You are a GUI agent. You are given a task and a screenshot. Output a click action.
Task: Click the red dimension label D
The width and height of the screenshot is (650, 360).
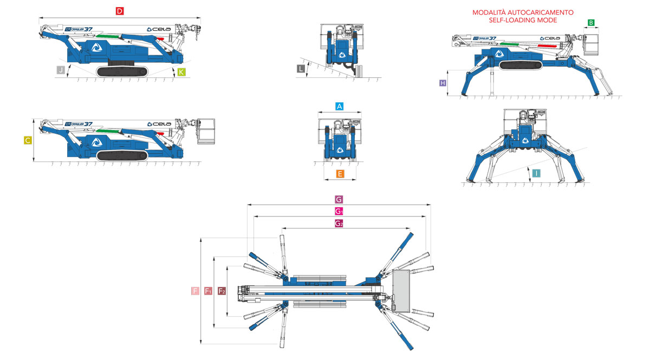click(120, 11)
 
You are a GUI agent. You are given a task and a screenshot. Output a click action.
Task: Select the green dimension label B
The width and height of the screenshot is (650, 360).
click(591, 23)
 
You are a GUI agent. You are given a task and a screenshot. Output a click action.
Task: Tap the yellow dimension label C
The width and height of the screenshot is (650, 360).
click(28, 141)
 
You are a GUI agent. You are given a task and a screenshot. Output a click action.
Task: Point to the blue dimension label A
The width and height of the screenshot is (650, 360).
click(339, 107)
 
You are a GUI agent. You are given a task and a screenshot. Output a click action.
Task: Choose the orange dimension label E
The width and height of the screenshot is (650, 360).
click(340, 174)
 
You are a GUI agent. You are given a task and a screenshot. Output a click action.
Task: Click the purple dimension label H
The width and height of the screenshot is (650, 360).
click(443, 83)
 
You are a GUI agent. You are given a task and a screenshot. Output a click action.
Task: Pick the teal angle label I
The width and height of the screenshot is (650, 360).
click(536, 173)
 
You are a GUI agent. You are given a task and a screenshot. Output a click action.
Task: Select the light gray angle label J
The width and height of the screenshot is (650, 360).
click(61, 70)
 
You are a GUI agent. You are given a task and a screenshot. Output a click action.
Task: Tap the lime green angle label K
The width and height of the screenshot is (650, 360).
click(181, 72)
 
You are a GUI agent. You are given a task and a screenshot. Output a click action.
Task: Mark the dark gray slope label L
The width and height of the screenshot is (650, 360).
click(301, 69)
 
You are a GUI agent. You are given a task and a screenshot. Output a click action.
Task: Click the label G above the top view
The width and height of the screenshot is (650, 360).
click(339, 200)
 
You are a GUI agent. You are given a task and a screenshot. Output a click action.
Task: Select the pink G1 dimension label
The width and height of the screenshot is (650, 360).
click(339, 211)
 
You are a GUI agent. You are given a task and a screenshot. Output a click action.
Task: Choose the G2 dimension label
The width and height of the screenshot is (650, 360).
click(339, 224)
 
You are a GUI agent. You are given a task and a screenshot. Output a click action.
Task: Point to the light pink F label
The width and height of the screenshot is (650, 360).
click(196, 291)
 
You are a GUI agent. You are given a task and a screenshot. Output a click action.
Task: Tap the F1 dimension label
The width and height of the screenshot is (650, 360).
click(208, 291)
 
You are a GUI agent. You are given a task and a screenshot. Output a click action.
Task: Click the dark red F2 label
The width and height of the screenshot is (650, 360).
click(222, 291)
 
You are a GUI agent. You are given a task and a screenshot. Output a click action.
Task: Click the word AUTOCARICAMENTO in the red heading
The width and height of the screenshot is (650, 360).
click(541, 13)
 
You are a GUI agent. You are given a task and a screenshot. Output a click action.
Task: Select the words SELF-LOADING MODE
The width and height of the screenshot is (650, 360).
click(523, 21)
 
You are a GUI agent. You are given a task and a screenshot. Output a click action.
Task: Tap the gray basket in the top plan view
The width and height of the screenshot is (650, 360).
click(401, 291)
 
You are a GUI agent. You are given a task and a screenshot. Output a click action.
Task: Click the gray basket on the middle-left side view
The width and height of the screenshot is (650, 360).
click(206, 132)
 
